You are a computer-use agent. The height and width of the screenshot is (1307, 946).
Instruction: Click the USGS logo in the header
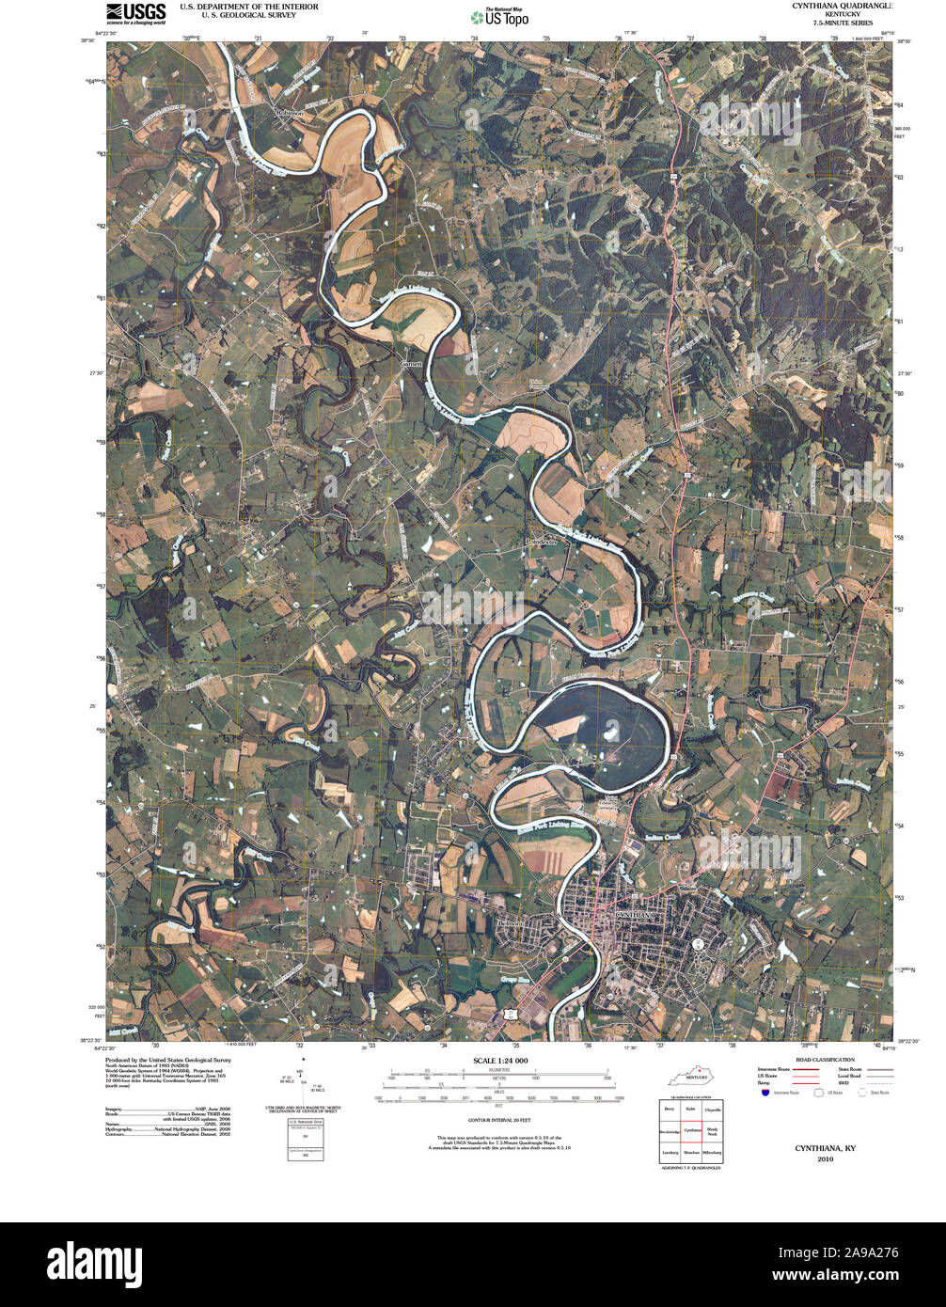point(135,12)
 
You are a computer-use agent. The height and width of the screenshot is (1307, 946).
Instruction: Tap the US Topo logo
point(500,16)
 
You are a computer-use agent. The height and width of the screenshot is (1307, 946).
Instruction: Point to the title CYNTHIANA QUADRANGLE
point(844,6)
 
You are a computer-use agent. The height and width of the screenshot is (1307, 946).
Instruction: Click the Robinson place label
point(290,112)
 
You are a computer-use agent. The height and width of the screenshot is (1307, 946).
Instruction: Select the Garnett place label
point(412,363)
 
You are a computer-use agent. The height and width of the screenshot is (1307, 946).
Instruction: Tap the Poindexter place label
point(542,543)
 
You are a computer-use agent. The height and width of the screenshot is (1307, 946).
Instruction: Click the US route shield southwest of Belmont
point(509,1014)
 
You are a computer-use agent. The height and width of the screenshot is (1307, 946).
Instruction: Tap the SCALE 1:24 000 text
point(500,1061)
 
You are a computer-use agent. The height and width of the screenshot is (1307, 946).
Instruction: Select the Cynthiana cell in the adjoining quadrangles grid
point(693,1130)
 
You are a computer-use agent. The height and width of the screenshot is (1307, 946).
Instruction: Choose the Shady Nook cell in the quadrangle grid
point(713,1130)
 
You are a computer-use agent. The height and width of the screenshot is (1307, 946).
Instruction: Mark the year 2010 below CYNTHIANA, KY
point(825,1158)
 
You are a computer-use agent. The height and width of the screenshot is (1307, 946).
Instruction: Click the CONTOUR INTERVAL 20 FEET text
point(500,1121)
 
